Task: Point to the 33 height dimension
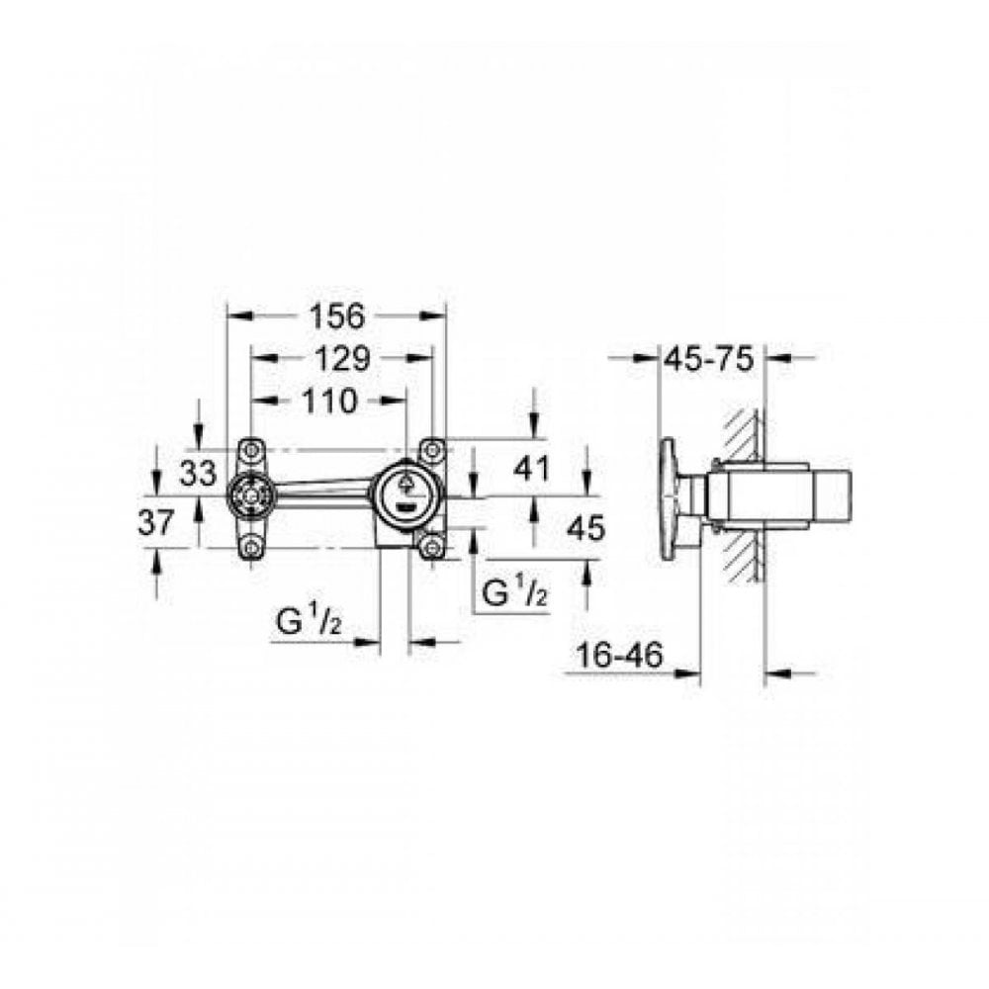tap(198, 474)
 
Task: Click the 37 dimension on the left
tap(156, 522)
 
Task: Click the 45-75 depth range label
tap(708, 360)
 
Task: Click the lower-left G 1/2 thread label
tap(309, 625)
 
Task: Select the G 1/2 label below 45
tap(514, 592)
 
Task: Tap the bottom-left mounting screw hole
tap(251, 547)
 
